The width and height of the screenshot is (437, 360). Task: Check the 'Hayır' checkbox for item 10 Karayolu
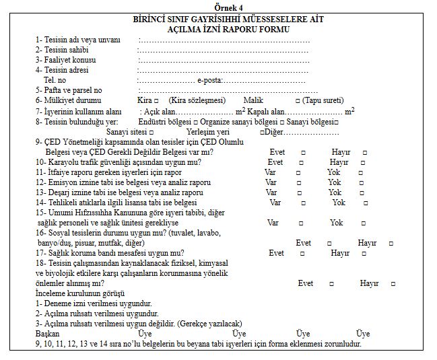pos(364,162)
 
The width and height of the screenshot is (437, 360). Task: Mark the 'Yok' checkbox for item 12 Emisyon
pos(362,182)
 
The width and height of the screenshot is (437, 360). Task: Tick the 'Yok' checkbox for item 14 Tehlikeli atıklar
pos(366,203)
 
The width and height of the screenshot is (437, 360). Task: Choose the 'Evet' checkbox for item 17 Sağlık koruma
pos(302,253)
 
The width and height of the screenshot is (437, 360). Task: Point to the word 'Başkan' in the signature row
pos(48,334)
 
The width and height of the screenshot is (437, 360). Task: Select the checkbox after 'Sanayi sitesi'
pos(161,133)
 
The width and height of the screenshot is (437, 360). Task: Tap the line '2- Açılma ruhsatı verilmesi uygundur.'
pos(98,314)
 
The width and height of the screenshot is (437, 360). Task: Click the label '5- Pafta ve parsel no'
pos(69,90)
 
